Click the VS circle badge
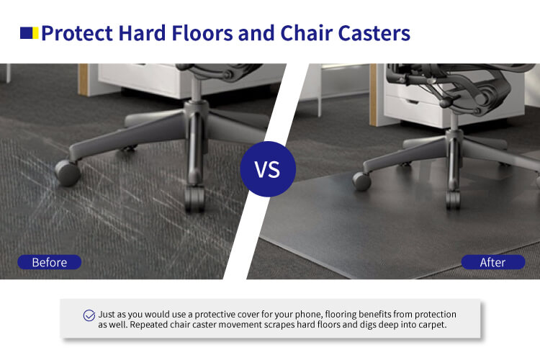pos(268,168)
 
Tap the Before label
pos(50,262)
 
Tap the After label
pos(492,262)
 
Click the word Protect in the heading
pos(77,33)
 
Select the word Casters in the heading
pos(374,33)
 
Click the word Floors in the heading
pos(202,33)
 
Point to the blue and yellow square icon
pos(29,33)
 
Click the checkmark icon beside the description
pos(89,315)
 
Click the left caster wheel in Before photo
pos(68,173)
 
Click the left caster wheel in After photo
pos(361,181)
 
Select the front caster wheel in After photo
pos(453,200)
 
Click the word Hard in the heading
pos(142,33)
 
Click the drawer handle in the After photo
pos(412,102)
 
